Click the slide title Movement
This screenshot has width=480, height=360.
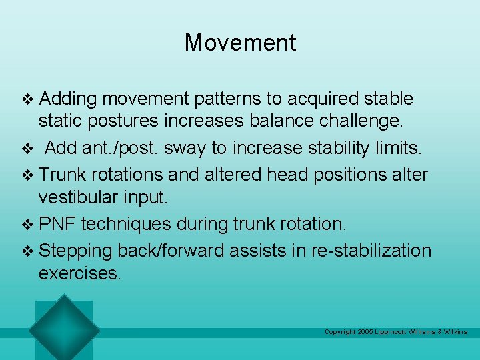pos(240,43)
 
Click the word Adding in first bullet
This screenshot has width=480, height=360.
pos(68,99)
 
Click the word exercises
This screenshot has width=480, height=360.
pos(80,274)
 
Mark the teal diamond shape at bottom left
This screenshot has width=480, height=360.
pos(64,329)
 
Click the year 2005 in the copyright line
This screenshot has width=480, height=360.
pos(366,332)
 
